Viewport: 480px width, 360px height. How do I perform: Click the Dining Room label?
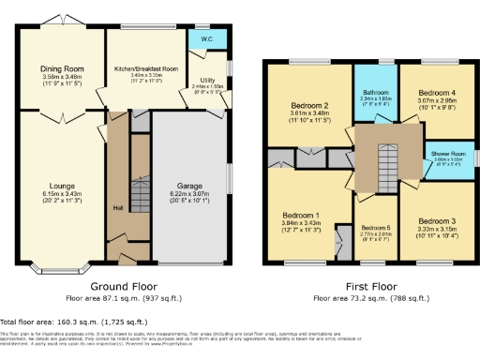61,68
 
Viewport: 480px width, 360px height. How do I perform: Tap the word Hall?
117,207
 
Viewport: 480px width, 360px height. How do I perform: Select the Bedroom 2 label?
308,106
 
